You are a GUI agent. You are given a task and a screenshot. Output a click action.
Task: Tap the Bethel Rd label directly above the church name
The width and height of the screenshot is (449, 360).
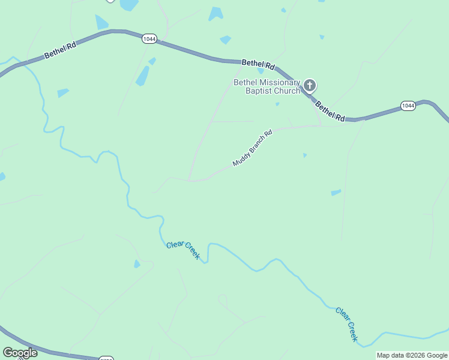[x=258, y=64]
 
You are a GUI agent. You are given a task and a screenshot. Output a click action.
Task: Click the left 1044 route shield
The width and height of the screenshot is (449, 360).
[x=149, y=39]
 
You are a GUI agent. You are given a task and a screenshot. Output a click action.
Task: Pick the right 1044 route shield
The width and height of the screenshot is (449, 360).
[x=408, y=106]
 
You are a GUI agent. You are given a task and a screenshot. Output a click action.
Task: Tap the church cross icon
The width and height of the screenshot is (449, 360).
[x=310, y=85]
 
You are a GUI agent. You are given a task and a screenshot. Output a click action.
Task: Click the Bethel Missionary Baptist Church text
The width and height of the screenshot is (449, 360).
[x=267, y=86]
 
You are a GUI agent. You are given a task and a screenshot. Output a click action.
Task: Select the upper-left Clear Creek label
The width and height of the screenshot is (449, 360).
[x=182, y=249]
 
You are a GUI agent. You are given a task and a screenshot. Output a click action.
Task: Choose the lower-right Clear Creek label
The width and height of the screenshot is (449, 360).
[x=347, y=325]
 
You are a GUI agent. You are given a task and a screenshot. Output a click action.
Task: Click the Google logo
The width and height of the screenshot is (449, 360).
[x=20, y=353]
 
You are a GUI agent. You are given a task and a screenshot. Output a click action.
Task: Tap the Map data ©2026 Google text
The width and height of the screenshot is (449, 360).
[x=412, y=355]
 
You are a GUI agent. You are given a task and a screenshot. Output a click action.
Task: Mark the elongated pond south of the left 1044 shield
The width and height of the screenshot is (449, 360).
[x=143, y=76]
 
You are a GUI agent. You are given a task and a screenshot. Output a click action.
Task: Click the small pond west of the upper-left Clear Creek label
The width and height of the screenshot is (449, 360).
[x=137, y=264]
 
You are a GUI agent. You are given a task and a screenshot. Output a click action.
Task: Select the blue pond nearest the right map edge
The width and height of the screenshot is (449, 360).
[x=336, y=193]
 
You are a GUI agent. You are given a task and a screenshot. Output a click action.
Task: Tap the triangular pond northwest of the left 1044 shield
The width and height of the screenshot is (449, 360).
[x=101, y=22]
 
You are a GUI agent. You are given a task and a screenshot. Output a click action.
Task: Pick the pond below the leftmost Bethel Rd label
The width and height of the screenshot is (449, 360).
[x=63, y=93]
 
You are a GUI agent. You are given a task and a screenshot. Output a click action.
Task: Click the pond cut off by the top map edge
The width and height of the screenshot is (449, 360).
[x=128, y=5]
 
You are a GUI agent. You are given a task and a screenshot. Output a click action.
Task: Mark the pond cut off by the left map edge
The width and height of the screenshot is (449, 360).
[x=2, y=177]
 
